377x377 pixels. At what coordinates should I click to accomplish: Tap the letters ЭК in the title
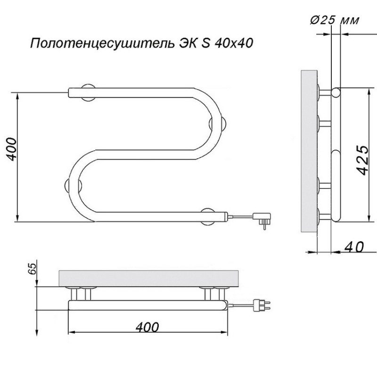(187, 44)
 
